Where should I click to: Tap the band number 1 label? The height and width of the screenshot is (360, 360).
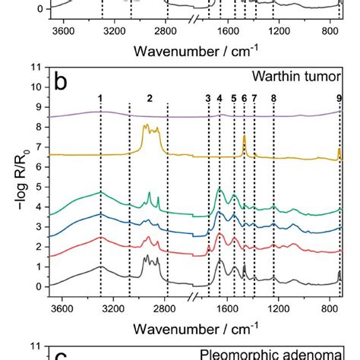100,98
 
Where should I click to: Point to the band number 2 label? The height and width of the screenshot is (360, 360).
150,98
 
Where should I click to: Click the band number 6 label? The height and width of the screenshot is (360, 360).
244,98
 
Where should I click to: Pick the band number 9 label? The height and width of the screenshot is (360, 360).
339,98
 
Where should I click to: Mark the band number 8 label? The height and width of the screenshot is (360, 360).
273,98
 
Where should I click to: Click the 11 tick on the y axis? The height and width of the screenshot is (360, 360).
33,67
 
